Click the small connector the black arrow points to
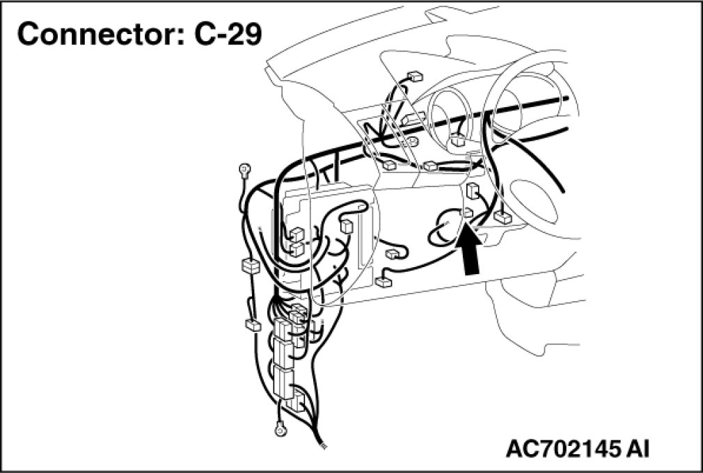point(468,212)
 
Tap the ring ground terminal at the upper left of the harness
point(244,168)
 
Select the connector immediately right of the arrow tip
point(503,218)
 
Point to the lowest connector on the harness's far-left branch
point(252,324)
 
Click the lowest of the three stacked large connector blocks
point(284,383)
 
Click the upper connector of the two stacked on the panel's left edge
point(296,234)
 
